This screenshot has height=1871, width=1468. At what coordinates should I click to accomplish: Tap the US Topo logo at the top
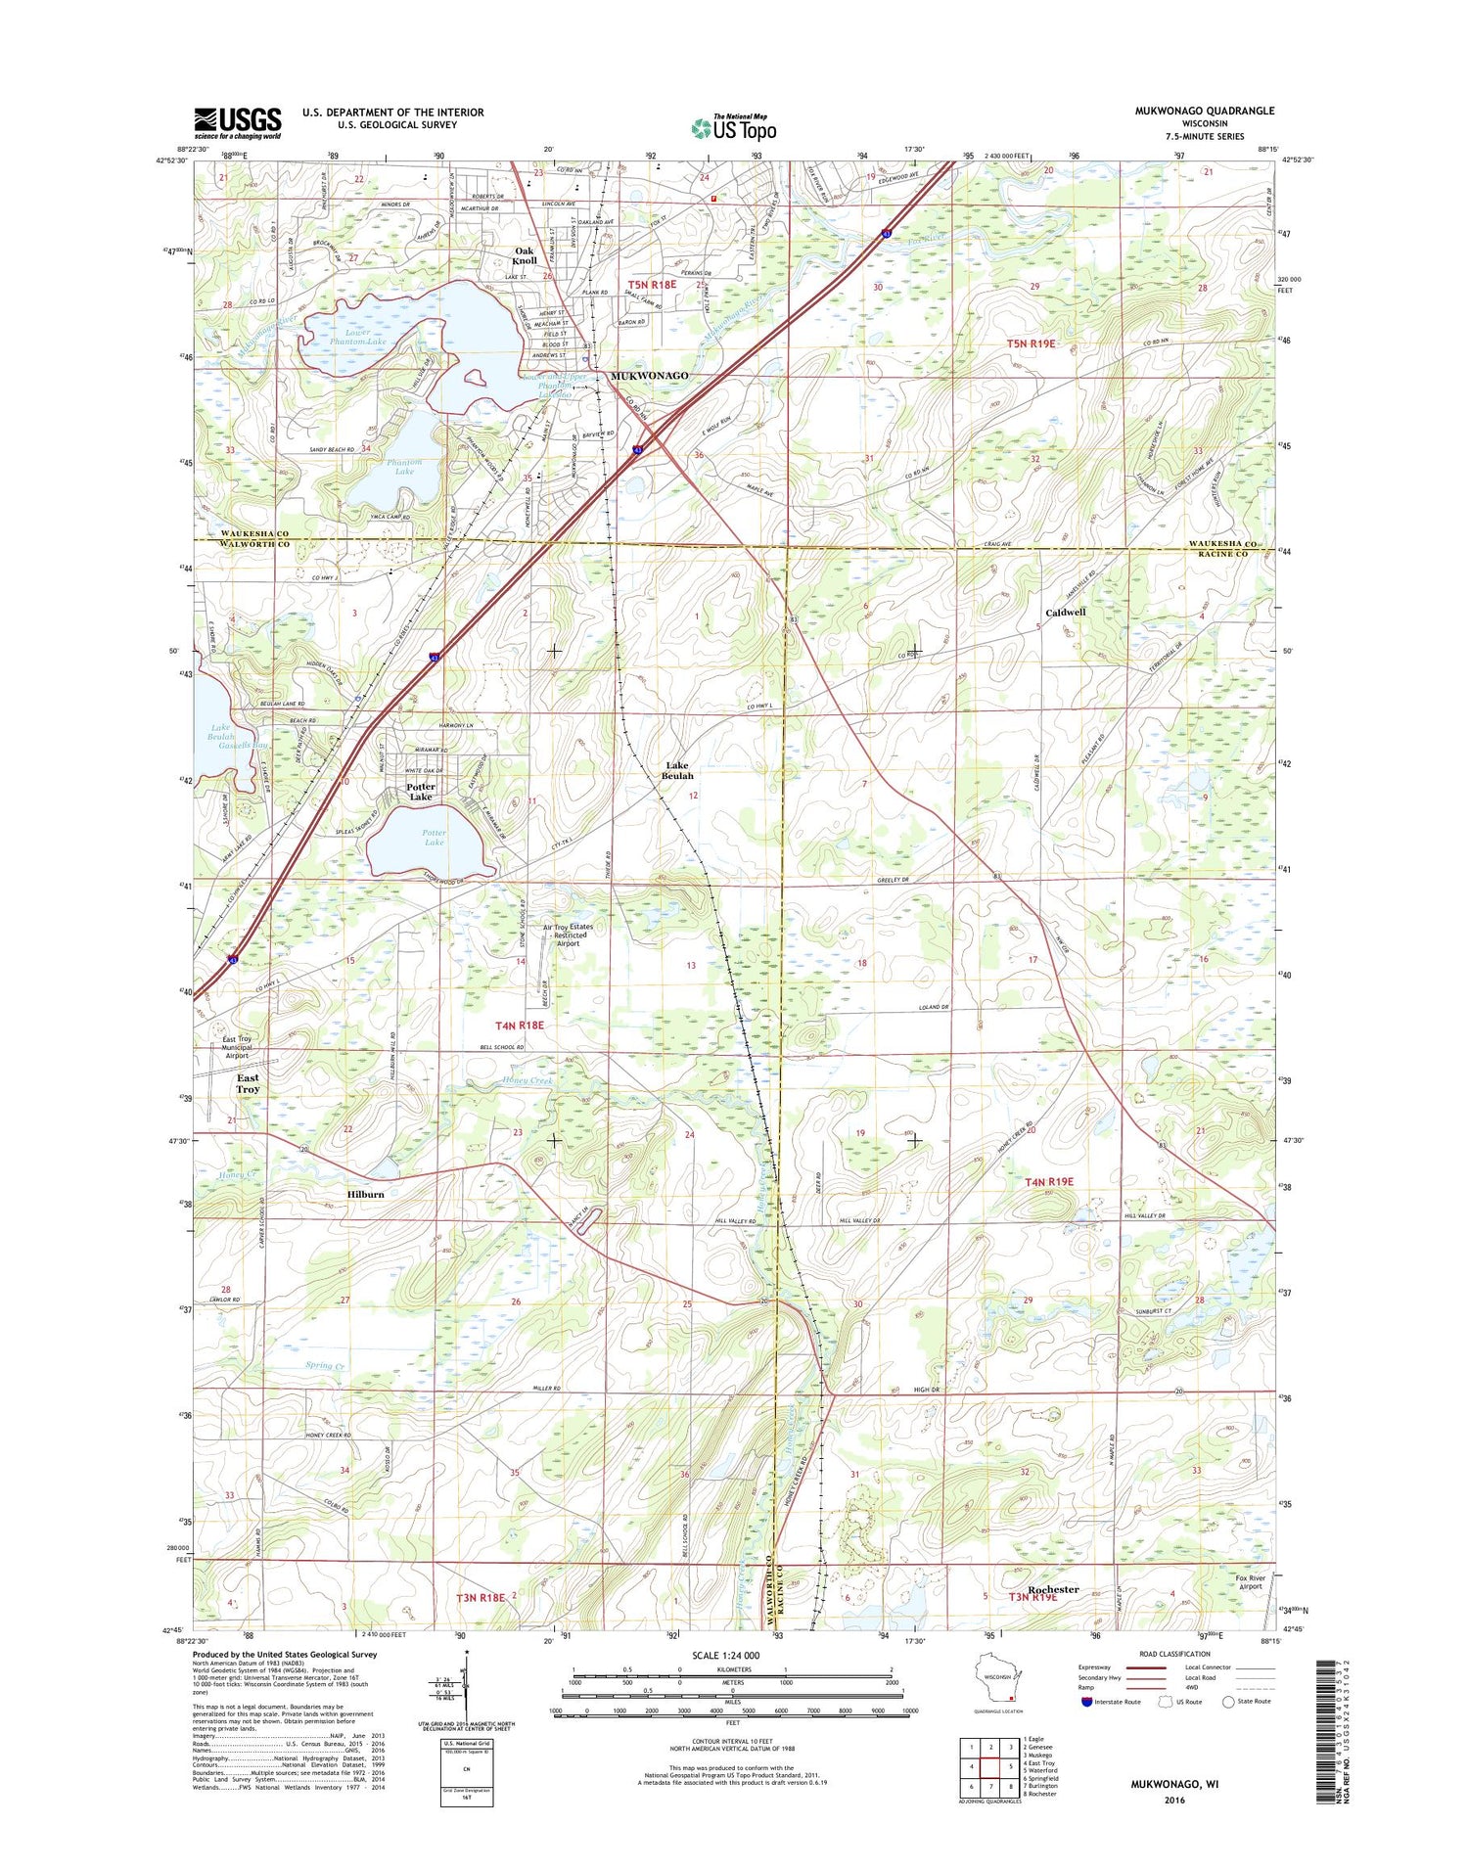[x=734, y=127]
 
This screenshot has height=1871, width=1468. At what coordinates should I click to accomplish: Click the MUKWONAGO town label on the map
[x=649, y=376]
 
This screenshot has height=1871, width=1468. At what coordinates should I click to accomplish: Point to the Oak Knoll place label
[x=526, y=255]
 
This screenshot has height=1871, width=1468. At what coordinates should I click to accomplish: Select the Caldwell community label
[x=1066, y=612]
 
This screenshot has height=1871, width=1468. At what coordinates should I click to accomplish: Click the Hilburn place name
[x=365, y=1194]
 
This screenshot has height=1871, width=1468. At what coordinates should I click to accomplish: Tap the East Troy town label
[x=248, y=1083]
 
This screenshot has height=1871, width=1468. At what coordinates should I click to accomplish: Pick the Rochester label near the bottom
[x=1053, y=1589]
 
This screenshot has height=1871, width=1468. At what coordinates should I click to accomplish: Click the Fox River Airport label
[x=1250, y=1582]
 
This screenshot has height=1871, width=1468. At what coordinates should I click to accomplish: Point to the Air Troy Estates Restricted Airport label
[x=568, y=935]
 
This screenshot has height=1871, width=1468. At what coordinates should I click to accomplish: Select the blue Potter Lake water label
[x=434, y=837]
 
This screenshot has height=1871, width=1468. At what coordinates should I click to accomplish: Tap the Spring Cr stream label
[x=325, y=1365]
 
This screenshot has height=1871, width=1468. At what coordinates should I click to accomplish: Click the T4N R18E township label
[x=519, y=1025]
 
